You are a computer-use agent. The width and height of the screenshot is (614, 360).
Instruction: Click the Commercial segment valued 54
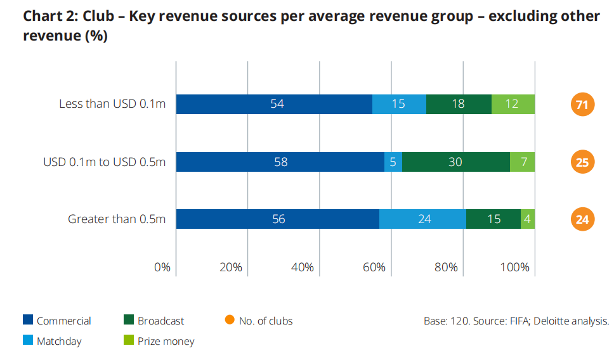click(274, 105)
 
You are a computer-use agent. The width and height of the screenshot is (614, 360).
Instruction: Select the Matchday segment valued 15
click(399, 105)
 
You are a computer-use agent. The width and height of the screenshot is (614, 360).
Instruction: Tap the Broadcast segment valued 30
click(455, 162)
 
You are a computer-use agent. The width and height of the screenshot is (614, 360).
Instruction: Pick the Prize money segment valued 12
click(513, 105)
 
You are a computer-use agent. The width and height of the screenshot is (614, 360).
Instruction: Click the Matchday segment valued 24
click(422, 219)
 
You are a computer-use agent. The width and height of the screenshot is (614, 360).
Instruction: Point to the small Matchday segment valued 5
click(393, 162)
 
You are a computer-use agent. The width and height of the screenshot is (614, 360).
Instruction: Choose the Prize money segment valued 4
click(528, 219)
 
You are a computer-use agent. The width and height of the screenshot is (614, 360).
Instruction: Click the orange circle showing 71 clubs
click(582, 105)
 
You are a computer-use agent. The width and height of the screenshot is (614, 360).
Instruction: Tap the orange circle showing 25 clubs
click(582, 162)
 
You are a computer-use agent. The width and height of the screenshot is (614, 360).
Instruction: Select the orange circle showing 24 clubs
click(582, 219)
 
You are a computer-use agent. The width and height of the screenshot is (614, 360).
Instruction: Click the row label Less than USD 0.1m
click(112, 104)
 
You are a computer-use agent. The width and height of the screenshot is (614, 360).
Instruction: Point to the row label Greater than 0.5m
click(117, 219)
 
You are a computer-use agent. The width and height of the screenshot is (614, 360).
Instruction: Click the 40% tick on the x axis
click(302, 267)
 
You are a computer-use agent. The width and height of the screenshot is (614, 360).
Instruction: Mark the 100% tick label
click(514, 267)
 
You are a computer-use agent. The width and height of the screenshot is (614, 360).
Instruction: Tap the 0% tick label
click(162, 267)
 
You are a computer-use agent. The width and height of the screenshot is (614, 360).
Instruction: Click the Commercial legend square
click(27, 321)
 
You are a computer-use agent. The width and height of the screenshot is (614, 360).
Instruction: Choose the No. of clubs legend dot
click(230, 321)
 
